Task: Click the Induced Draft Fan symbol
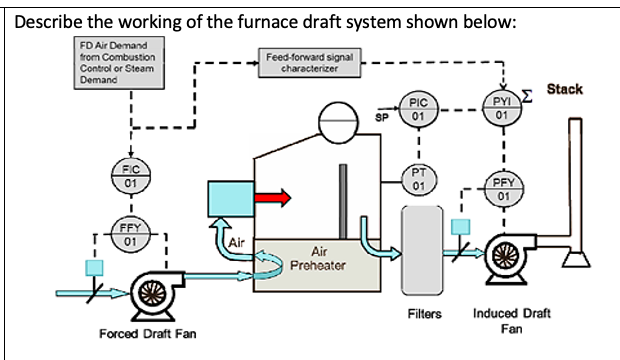pyautogui.click(x=507, y=257)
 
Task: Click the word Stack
pyautogui.click(x=564, y=90)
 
